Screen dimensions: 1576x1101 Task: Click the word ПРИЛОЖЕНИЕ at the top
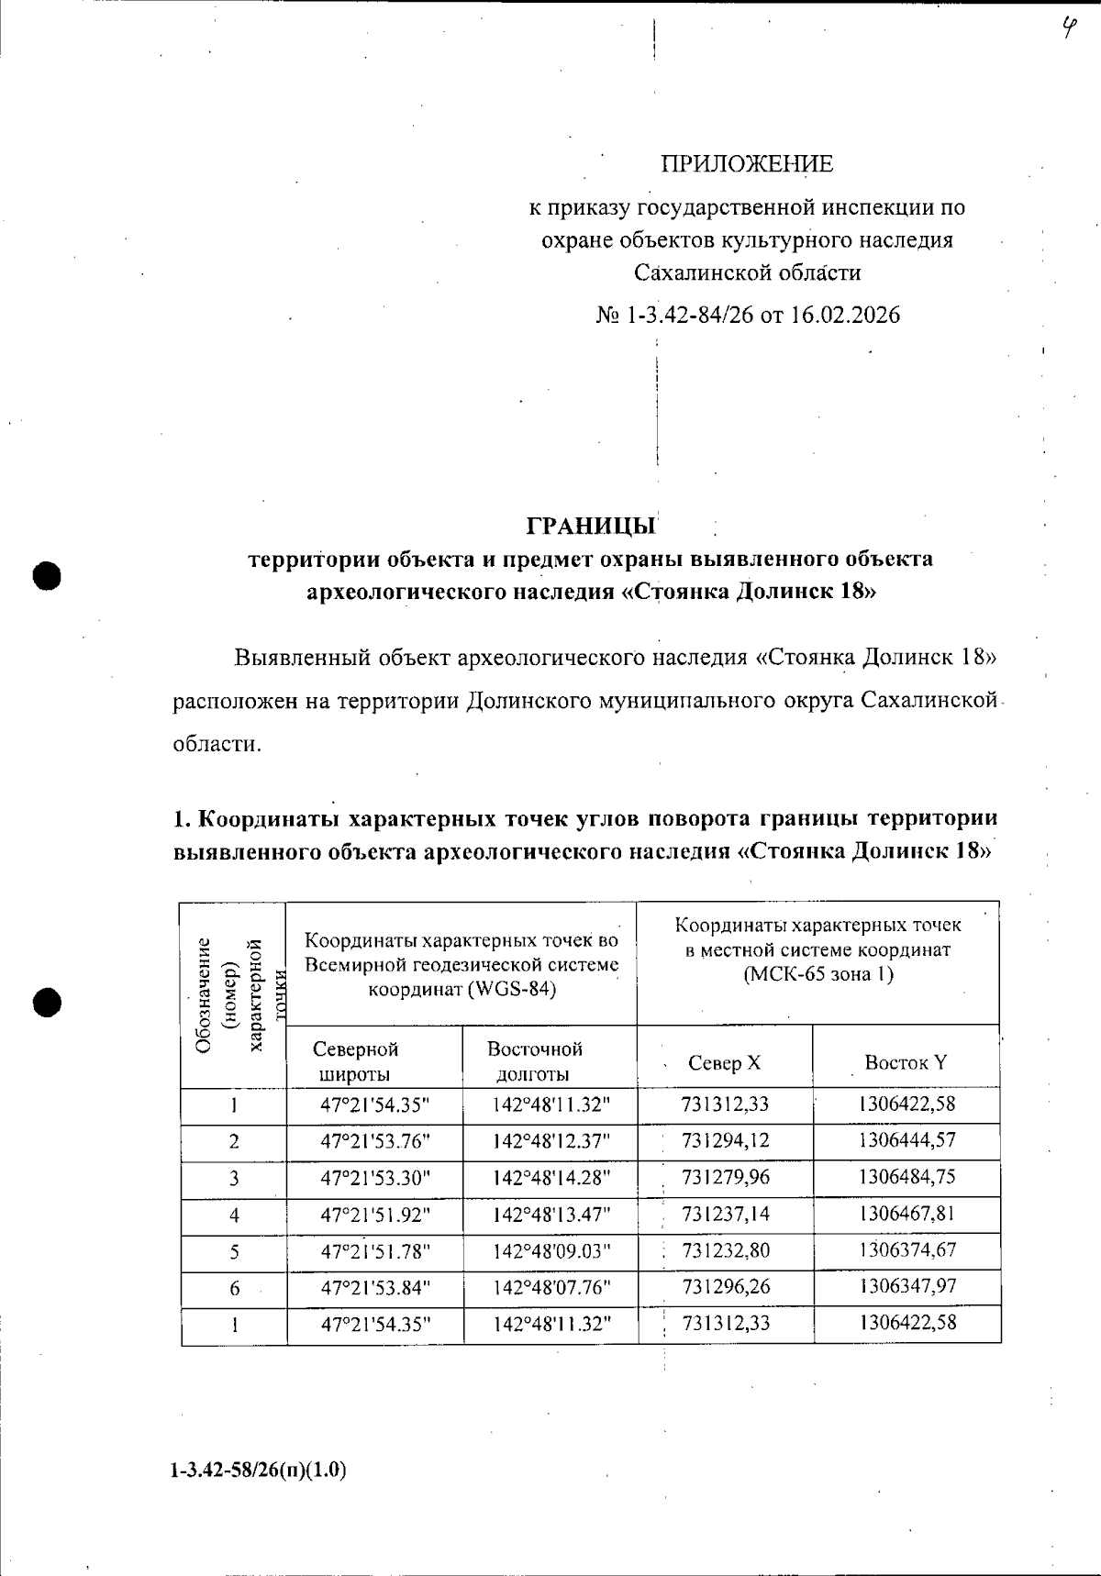click(x=747, y=165)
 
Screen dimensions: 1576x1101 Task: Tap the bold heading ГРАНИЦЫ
click(x=592, y=527)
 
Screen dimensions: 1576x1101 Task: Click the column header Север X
click(x=724, y=1063)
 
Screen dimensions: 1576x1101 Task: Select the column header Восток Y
click(x=906, y=1063)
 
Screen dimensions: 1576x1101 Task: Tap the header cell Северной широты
click(x=356, y=1061)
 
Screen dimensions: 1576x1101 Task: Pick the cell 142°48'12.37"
click(x=550, y=1141)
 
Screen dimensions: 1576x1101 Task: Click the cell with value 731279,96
click(x=726, y=1177)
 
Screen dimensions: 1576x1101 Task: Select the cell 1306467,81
click(x=907, y=1214)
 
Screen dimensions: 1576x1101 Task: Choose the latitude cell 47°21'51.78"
click(x=375, y=1251)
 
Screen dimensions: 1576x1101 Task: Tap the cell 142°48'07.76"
click(x=550, y=1288)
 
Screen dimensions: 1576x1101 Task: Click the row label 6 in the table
click(x=235, y=1289)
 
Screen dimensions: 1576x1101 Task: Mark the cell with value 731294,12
click(x=726, y=1141)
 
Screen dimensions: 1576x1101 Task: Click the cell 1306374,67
click(x=907, y=1250)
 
